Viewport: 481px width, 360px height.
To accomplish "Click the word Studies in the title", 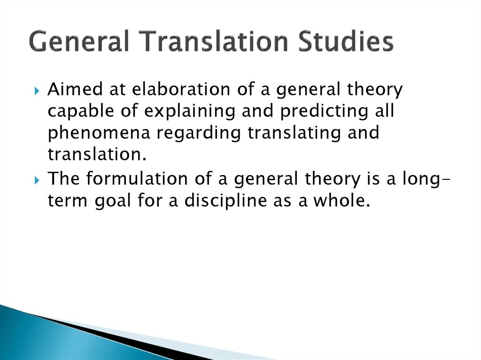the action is point(346,41).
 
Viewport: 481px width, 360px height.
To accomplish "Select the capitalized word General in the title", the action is point(79,41).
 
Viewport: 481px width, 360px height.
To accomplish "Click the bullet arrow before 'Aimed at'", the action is point(37,91).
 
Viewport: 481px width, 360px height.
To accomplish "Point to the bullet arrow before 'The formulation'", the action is point(37,180).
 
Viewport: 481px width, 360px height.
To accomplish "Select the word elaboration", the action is point(181,89).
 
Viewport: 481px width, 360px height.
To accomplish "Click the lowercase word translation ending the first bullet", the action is point(97,154).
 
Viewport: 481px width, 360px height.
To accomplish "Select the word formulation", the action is point(137,178).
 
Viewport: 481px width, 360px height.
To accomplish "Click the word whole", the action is point(342,200).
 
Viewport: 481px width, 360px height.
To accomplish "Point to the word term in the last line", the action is point(68,200).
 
